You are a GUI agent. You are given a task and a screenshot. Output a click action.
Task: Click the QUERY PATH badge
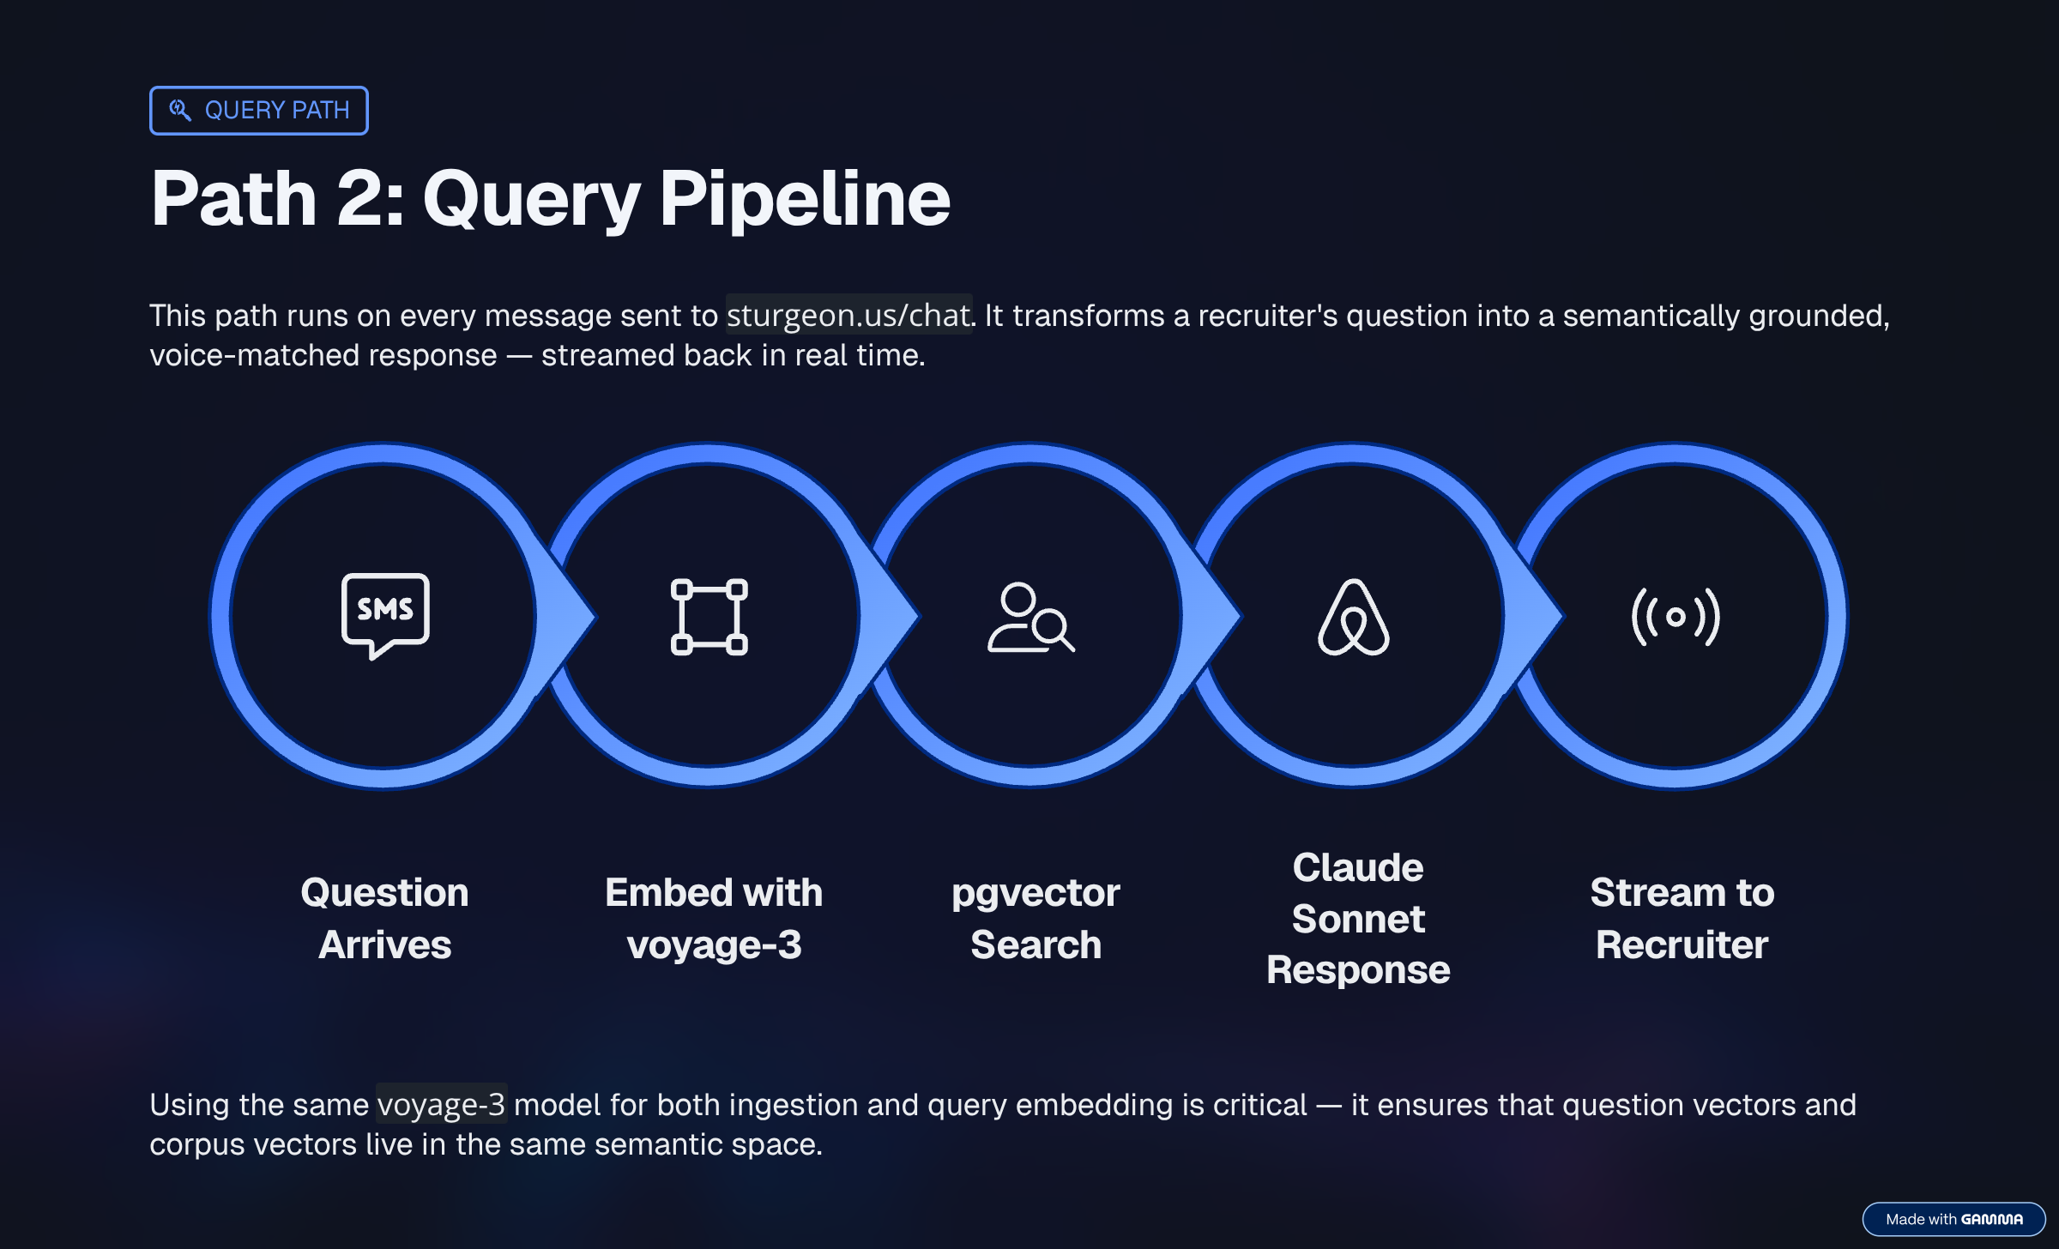tap(258, 111)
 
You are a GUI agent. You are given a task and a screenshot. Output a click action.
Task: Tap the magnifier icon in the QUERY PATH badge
tap(179, 110)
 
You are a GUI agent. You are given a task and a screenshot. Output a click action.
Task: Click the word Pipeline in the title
tap(804, 198)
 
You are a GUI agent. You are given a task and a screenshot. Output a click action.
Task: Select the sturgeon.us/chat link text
tap(848, 316)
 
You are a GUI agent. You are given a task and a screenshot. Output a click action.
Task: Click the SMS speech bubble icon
tap(385, 614)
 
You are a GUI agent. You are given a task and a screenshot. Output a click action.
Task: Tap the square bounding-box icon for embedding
tap(709, 617)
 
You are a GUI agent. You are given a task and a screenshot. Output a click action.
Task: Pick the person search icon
tap(1030, 618)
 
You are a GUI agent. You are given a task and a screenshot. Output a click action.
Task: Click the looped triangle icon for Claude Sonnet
tap(1353, 617)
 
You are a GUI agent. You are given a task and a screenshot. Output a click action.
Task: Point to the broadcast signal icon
tap(1675, 617)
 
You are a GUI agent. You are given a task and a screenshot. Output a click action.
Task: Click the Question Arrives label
tap(384, 918)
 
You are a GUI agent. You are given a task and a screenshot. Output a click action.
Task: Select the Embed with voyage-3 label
tap(714, 918)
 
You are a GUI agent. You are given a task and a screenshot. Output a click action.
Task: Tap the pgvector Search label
tap(1036, 918)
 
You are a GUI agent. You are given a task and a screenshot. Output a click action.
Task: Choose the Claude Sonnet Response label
tap(1358, 918)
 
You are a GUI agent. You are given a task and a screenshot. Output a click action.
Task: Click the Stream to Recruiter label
tap(1682, 918)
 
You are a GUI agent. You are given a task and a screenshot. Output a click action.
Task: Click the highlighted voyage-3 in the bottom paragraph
tap(441, 1105)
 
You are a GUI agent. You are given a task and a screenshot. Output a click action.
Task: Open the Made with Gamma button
tap(1953, 1219)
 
